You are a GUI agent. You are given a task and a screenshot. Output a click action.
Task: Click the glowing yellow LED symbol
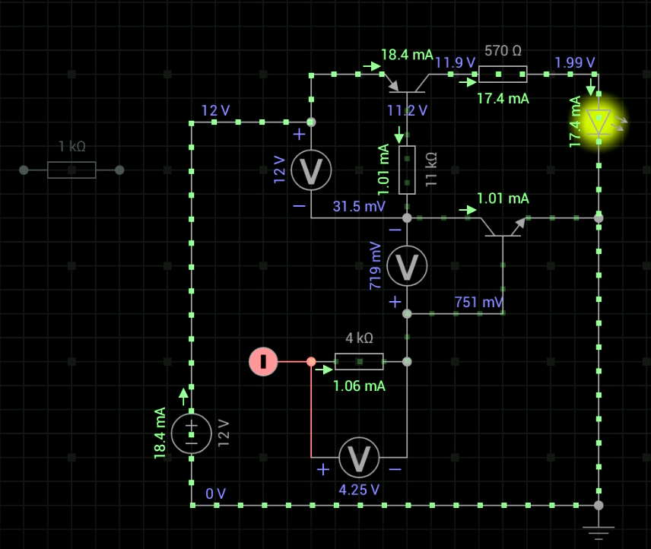[599, 122]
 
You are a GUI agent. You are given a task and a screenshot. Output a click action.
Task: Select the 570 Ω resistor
[502, 74]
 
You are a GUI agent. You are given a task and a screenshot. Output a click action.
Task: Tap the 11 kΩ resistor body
[407, 170]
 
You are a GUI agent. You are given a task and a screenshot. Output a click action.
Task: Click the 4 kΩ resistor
[359, 361]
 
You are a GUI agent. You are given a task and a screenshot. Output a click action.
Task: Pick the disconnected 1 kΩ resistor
[71, 170]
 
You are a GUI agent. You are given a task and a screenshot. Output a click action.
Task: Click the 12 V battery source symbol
[192, 433]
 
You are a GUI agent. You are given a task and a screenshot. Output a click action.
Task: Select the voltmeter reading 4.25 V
[359, 457]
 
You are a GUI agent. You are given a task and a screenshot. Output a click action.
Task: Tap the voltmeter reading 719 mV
[407, 265]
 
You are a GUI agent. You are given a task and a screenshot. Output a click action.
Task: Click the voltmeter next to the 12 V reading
[311, 170]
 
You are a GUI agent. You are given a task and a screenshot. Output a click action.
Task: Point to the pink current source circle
[263, 361]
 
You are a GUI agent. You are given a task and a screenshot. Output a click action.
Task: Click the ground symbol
[599, 532]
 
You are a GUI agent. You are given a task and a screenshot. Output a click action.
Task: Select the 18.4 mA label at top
[407, 55]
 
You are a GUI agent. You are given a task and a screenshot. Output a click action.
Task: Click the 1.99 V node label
[575, 62]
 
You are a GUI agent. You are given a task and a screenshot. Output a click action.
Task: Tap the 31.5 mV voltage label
[359, 206]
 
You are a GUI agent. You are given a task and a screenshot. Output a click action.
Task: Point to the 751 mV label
[478, 302]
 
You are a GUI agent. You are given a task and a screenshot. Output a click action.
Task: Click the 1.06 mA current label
[359, 386]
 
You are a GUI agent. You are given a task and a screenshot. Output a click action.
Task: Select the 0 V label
[216, 493]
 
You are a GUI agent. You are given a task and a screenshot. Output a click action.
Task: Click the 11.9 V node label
[455, 62]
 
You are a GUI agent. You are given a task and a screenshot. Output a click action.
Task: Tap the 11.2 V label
[407, 110]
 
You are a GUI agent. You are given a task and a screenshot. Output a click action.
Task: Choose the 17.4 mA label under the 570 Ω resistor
[503, 98]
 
